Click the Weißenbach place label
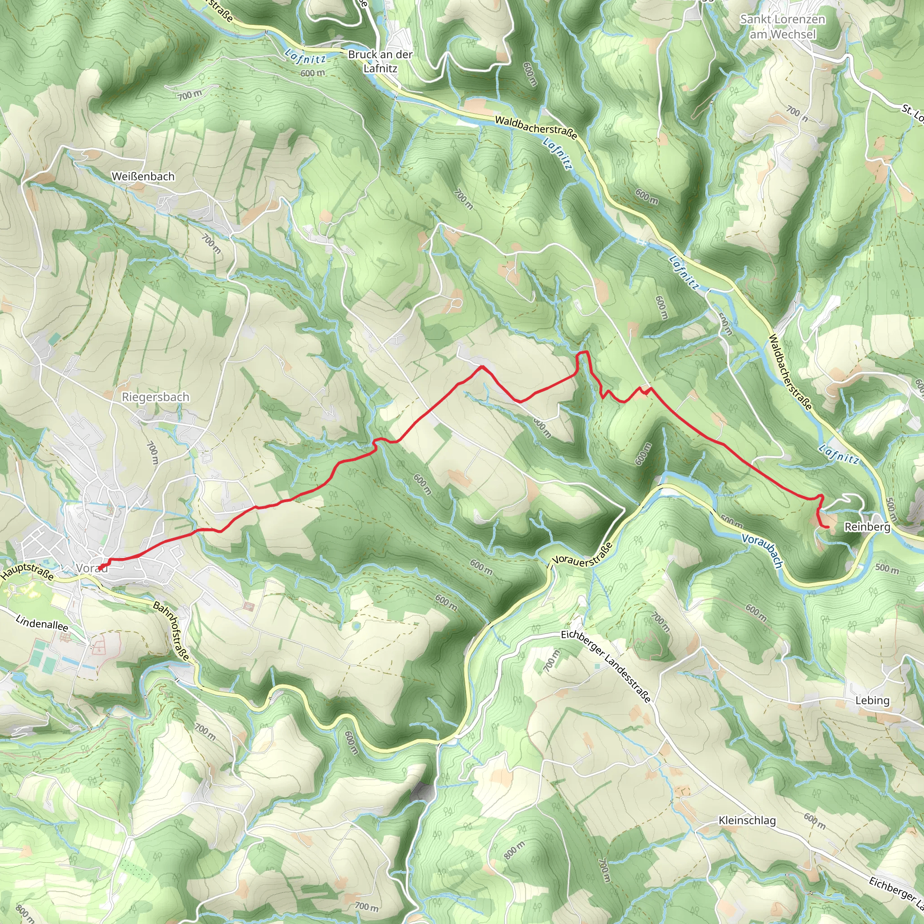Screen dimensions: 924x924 (x=143, y=176)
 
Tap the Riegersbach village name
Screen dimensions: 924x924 (x=156, y=397)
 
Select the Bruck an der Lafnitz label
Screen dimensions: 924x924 (x=380, y=61)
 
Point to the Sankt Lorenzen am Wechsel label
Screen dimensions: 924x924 (x=782, y=27)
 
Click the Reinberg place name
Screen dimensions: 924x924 (x=867, y=527)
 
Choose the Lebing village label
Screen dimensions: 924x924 (x=873, y=700)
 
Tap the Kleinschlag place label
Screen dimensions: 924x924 (x=747, y=820)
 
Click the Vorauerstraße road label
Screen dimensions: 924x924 (x=582, y=555)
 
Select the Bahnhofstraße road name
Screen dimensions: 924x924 (x=171, y=632)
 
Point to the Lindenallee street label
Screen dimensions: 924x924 (x=42, y=624)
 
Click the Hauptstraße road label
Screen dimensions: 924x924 (x=27, y=572)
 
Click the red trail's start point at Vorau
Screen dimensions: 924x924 (x=100, y=568)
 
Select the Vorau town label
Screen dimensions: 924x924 (x=91, y=568)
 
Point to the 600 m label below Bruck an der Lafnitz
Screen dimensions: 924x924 (x=313, y=73)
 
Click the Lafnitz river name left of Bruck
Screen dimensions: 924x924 (x=305, y=57)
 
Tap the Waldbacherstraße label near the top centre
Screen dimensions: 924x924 (x=536, y=128)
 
